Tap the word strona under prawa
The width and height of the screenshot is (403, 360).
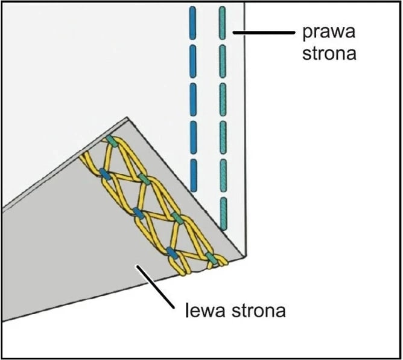click(x=326, y=53)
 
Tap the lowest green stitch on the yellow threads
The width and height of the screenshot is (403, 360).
click(x=211, y=258)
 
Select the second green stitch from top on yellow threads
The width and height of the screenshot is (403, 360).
click(x=145, y=179)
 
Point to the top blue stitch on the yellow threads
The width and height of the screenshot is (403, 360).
click(x=106, y=175)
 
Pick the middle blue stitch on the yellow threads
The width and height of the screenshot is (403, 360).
click(x=138, y=213)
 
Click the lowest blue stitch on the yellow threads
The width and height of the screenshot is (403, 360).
click(x=172, y=253)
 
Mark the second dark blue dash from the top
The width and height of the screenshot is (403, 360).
click(x=193, y=59)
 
